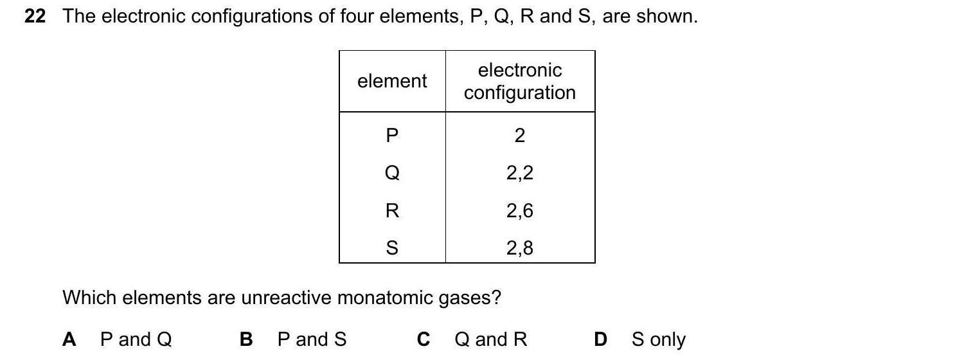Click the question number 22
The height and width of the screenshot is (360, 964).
pos(35,17)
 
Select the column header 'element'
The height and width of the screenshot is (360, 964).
pos(392,81)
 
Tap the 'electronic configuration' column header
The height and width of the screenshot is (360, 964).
pos(520,81)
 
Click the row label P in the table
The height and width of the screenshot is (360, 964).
pos(392,136)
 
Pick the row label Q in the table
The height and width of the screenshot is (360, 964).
pos(392,173)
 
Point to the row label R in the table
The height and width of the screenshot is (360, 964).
pos(392,211)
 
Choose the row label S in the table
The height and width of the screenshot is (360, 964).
pos(392,248)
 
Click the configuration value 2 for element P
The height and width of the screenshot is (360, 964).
pos(520,136)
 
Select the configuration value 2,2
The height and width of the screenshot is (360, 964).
pos(520,173)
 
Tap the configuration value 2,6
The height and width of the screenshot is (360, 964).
pos(520,211)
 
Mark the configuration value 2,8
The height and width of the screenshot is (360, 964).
pos(520,248)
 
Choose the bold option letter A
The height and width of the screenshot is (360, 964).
pos(69,339)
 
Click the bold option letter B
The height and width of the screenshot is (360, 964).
pos(246,339)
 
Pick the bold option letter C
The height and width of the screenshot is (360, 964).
pos(423,339)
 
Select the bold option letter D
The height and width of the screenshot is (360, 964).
pos(600,339)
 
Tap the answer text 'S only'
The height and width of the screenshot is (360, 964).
pos(658,339)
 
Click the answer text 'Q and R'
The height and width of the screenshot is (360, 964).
pos(490,339)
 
